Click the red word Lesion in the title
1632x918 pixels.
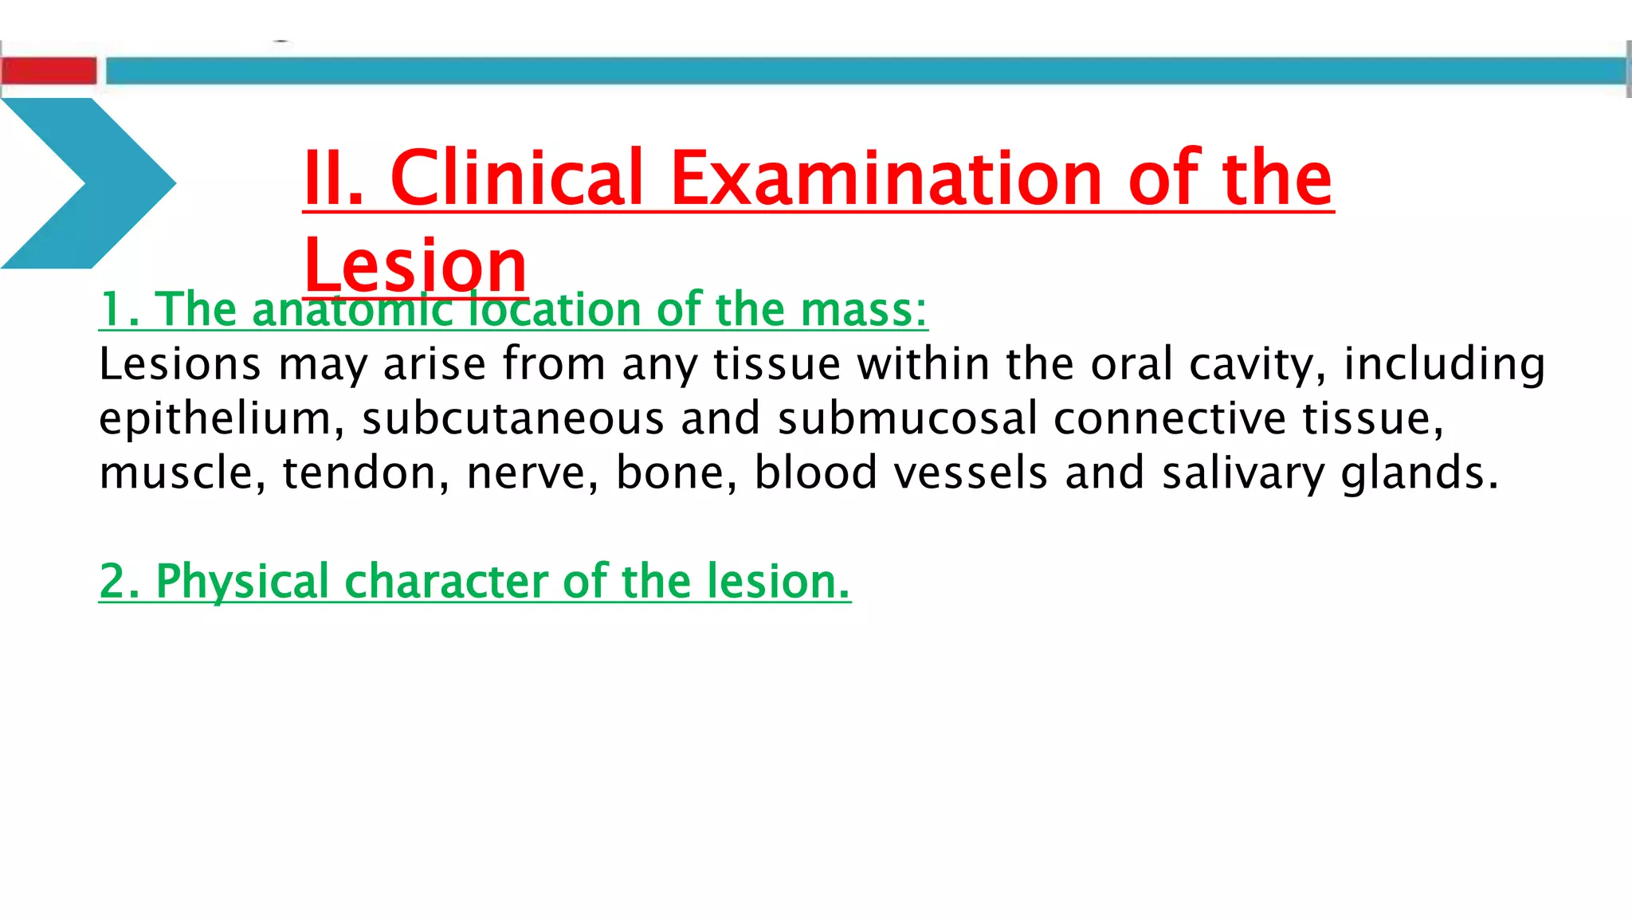pyautogui.click(x=415, y=265)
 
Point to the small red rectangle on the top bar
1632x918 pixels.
pyautogui.click(x=49, y=70)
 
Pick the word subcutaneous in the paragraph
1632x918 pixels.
pyautogui.click(x=513, y=419)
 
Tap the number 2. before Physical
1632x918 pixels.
pyautogui.click(x=120, y=582)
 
